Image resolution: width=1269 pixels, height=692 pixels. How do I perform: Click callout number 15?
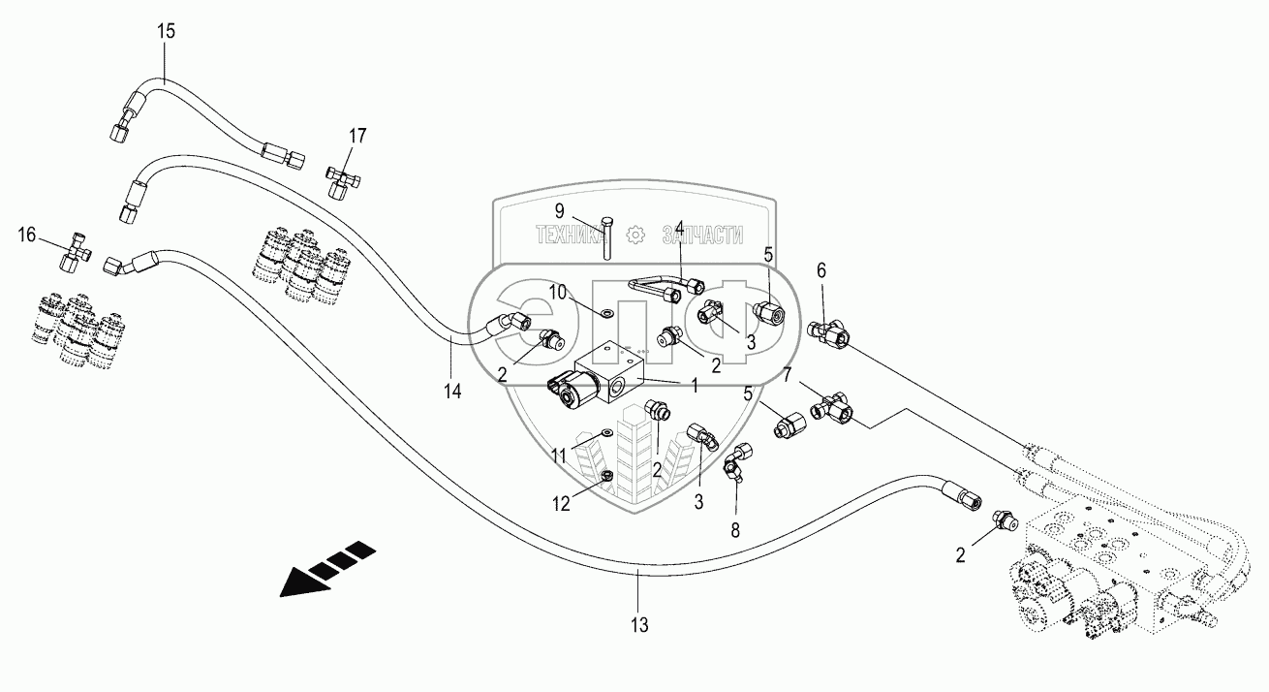[x=167, y=31]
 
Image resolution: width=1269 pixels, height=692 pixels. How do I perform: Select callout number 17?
[x=357, y=136]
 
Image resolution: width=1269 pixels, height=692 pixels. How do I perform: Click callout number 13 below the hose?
[x=641, y=625]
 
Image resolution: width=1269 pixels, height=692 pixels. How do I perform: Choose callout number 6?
[x=820, y=272]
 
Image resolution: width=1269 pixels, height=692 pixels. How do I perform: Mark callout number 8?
[x=734, y=530]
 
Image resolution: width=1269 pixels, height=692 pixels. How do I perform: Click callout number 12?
[x=563, y=505]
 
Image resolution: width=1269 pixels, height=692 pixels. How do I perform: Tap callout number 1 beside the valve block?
[x=694, y=386]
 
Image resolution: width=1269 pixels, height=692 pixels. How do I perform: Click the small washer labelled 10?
[x=605, y=313]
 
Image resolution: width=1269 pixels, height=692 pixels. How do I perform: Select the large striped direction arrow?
[x=325, y=569]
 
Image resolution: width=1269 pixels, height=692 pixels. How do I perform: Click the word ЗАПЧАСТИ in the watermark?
[x=701, y=234]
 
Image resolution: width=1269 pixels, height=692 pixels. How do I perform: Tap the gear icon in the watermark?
[x=634, y=234]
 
